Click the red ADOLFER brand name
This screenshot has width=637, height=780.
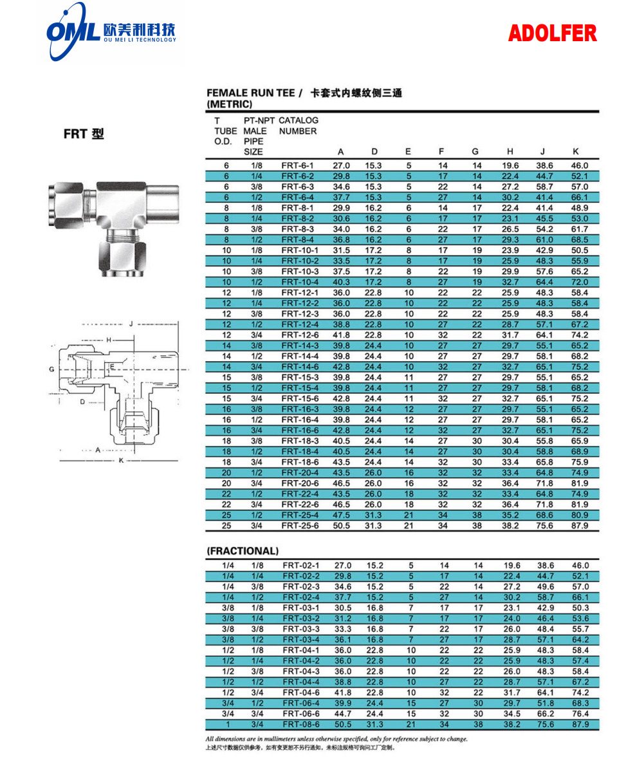(x=552, y=33)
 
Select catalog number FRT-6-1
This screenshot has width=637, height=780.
(x=297, y=165)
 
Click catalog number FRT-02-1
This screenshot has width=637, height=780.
(x=300, y=565)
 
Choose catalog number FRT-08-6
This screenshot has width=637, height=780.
(x=300, y=724)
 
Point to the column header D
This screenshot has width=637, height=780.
(x=374, y=152)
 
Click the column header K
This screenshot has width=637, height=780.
(x=576, y=152)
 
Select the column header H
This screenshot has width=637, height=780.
(x=510, y=152)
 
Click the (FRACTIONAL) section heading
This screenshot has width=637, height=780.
(x=243, y=551)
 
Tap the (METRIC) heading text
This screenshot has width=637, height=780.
(x=230, y=104)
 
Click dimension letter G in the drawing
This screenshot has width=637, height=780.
(x=51, y=369)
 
